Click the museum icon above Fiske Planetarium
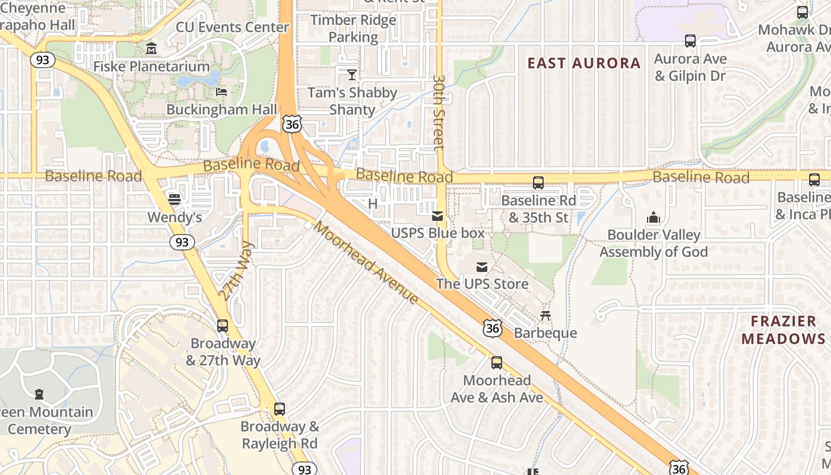151,48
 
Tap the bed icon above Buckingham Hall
221,91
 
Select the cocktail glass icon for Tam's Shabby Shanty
352,74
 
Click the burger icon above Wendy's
174,199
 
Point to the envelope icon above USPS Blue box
437,216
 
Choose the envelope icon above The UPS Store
482,267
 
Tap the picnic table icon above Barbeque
545,315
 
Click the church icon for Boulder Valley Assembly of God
654,217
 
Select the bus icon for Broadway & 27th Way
223,325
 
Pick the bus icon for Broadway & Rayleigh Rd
280,408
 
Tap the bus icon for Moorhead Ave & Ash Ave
497,362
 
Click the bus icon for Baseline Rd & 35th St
538,183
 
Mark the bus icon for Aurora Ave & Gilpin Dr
690,41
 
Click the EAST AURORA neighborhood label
584,63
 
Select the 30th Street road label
439,111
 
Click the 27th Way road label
236,270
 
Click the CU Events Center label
232,27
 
